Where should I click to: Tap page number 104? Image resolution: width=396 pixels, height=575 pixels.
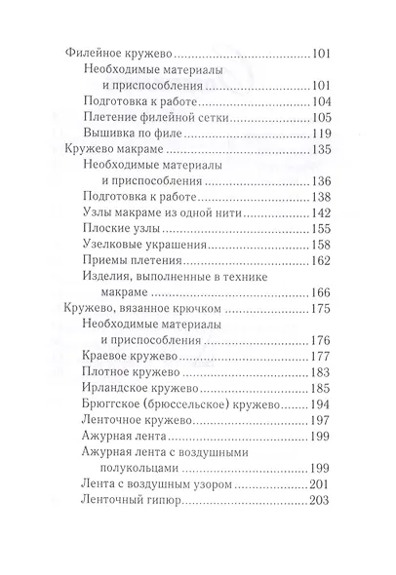click(321, 101)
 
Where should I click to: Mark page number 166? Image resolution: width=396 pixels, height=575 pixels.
click(321, 291)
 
